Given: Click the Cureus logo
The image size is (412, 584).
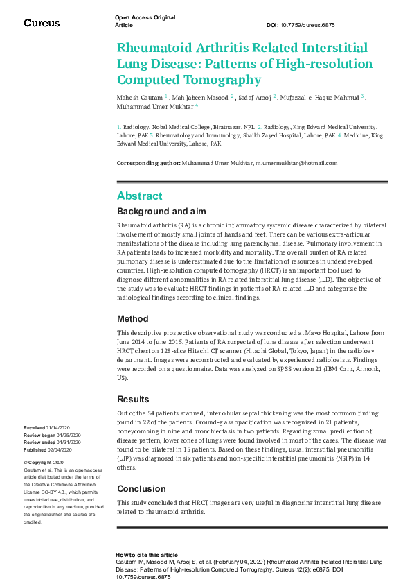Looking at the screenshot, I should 42,23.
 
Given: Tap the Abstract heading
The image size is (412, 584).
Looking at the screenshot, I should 140,196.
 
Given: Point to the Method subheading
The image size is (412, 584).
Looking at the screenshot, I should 132,319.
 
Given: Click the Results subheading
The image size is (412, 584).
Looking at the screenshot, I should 133,399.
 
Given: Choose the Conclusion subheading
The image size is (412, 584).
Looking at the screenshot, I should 141,488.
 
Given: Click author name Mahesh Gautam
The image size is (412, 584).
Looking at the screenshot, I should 139,97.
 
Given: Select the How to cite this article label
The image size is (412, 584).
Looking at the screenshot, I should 147,555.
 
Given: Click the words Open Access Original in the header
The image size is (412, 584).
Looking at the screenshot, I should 145,17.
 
